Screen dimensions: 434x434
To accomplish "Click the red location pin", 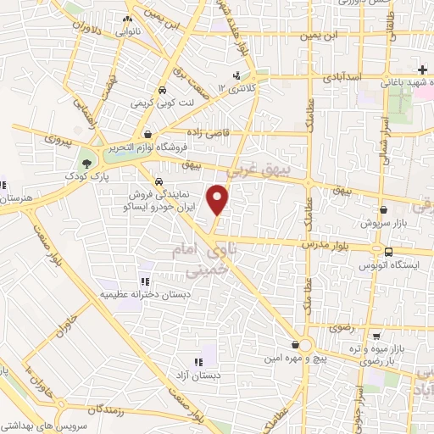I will pos(219,198).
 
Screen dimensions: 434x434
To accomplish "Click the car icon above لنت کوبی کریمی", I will pos(161,89).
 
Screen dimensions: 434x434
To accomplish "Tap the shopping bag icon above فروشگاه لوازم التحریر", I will pos(149,134).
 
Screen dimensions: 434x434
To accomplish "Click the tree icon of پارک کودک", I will pos(87,163).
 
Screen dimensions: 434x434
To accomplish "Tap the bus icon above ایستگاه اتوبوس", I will pos(388,252).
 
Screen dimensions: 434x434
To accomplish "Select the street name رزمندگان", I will pos(127,407).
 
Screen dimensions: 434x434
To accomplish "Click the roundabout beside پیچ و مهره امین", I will pos(306,345).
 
